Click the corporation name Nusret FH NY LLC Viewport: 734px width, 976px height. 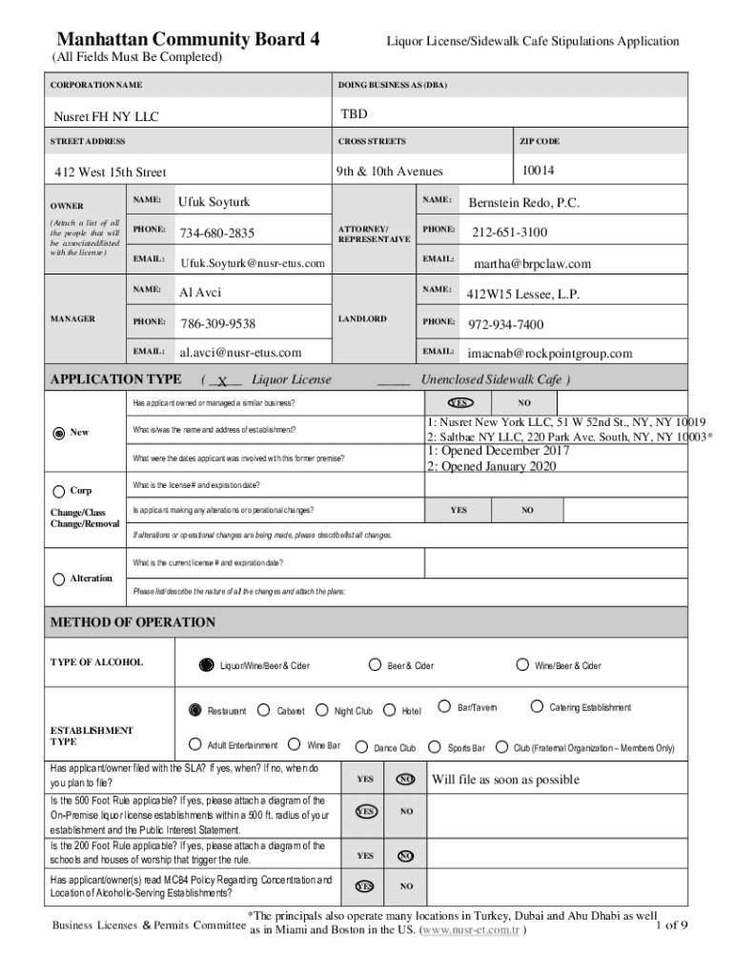point(105,117)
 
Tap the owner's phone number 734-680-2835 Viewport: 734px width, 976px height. point(217,234)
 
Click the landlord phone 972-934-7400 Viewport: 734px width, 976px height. point(505,324)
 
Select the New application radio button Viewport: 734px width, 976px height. point(60,433)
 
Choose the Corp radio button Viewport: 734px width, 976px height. point(60,491)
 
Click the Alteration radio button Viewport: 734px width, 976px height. point(60,579)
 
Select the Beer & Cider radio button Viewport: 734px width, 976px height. point(375,664)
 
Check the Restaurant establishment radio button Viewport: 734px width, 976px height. point(195,710)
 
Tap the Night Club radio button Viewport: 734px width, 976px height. point(322,710)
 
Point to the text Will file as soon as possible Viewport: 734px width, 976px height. point(504,780)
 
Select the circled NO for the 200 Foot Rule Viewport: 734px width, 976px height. point(405,856)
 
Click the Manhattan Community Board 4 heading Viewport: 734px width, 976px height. point(188,40)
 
